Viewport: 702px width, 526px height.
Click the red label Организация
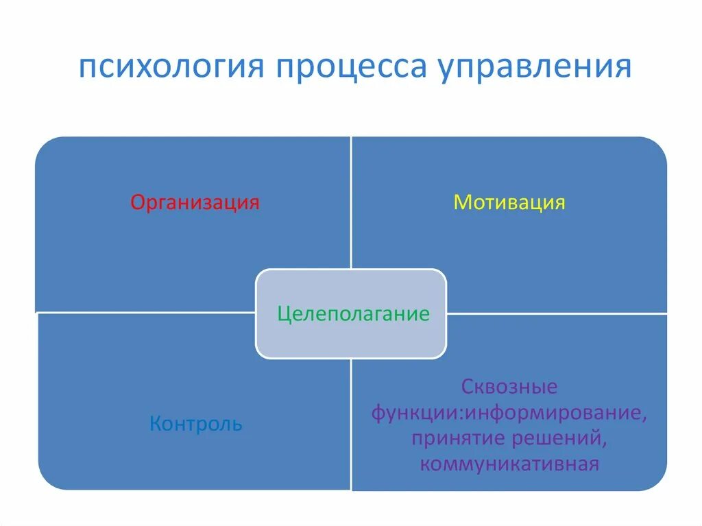pos(195,203)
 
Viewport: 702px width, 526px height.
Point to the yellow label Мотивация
pos(509,203)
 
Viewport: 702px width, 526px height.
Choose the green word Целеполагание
pos(353,314)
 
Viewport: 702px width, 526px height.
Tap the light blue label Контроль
pos(195,424)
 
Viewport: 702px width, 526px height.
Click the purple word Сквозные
pos(509,387)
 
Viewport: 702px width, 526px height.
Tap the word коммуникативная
pos(509,464)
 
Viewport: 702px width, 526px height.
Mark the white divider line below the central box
pos(351,425)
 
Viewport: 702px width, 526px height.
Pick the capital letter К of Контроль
pos(155,424)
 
